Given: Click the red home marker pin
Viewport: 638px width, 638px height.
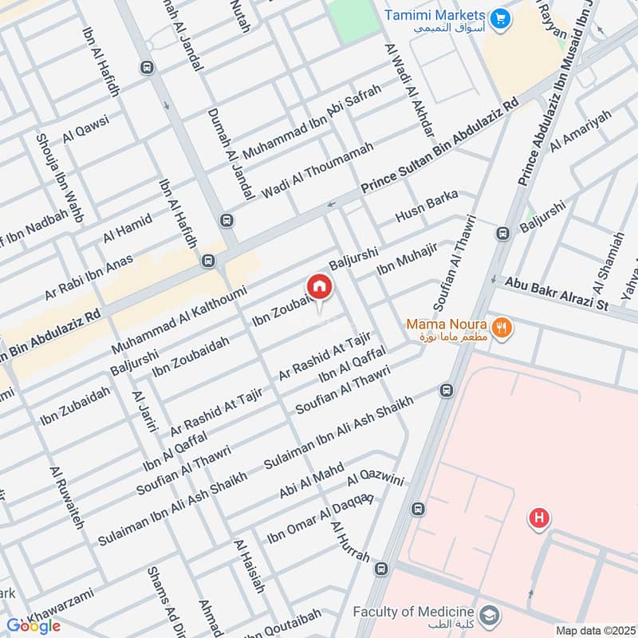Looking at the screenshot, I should coord(319,286).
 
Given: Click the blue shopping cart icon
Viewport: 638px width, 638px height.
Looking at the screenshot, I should coord(500,17).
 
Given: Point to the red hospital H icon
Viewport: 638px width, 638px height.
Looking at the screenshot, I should coord(540,518).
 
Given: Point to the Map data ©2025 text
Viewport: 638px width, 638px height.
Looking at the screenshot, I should coord(594,630).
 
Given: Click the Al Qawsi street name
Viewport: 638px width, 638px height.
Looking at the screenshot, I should coord(85,127).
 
